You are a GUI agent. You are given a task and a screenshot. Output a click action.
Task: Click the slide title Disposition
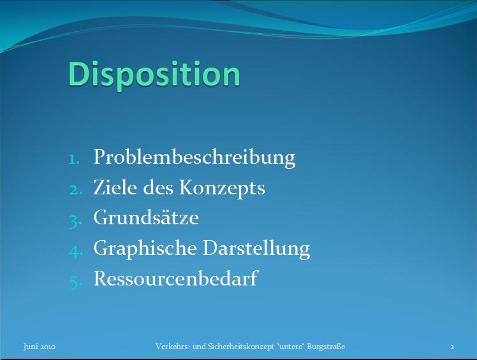[x=154, y=75]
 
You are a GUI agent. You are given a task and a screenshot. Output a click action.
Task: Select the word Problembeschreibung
[x=194, y=157]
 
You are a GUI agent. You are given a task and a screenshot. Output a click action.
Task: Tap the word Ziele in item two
[x=115, y=187]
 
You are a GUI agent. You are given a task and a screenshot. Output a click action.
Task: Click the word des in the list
[x=158, y=187]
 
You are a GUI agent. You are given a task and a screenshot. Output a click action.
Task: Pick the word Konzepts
[x=222, y=188]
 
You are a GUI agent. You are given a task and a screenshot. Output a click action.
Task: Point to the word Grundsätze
[x=146, y=217]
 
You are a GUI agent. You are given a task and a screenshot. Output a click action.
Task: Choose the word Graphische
[x=145, y=248]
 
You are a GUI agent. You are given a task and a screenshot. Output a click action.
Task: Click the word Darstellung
[x=256, y=248]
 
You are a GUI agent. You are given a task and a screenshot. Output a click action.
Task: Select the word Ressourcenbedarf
[x=176, y=278]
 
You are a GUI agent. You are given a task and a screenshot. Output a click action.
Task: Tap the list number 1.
[x=74, y=160]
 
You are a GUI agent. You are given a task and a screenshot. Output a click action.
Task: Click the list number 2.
[x=75, y=190]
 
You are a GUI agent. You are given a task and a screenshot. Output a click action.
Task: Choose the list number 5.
[x=75, y=282]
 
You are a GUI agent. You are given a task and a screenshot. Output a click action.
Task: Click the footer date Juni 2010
[x=40, y=347]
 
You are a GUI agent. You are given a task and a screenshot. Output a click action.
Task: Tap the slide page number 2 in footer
[x=452, y=347]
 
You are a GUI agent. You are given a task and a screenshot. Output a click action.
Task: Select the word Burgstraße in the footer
[x=326, y=347]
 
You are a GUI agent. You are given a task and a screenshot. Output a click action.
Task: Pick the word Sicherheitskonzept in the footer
[x=241, y=347]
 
